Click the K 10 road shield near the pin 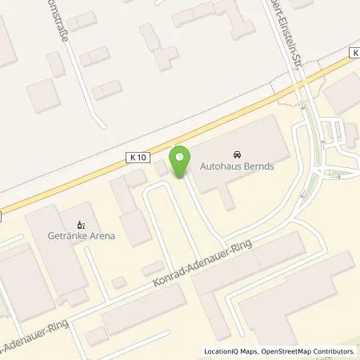coord(137,159)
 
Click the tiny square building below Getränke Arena coord(118,282)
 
